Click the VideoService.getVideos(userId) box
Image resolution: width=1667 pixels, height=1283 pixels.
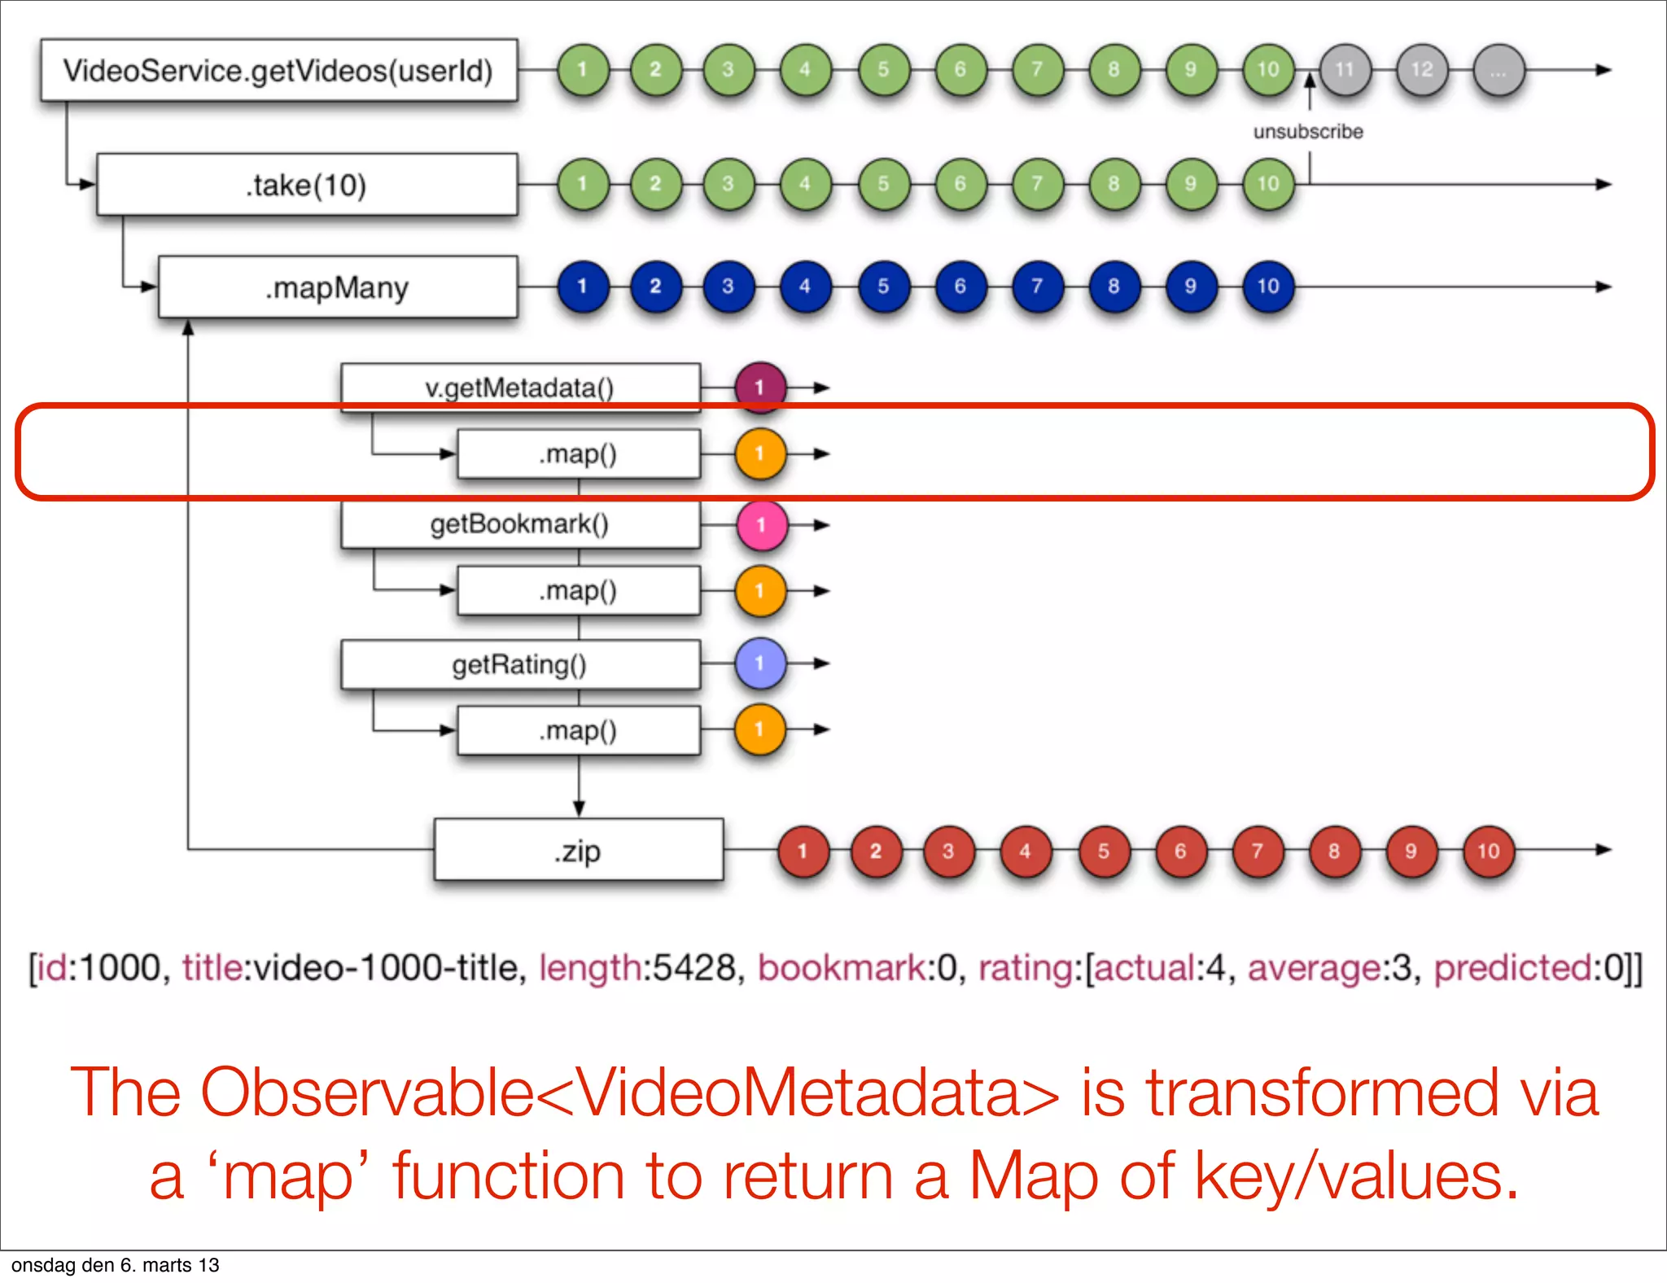point(278,71)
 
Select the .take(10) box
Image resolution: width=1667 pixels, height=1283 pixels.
point(307,185)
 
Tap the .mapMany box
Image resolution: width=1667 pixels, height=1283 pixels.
point(337,287)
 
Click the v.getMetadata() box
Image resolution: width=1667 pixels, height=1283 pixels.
point(519,388)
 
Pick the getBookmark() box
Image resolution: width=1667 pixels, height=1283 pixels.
point(519,524)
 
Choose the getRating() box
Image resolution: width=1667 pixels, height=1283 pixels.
point(519,664)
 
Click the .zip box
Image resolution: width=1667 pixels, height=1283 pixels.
point(578,851)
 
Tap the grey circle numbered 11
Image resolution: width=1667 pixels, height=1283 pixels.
point(1345,70)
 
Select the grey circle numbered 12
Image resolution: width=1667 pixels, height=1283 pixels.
point(1421,70)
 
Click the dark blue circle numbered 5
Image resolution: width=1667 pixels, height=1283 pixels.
point(883,287)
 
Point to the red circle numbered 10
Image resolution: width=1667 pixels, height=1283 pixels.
point(1488,852)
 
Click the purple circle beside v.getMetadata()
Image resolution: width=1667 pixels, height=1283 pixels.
point(760,388)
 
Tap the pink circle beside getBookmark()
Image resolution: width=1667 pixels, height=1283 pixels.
point(761,525)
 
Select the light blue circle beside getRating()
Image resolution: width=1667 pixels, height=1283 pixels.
point(760,663)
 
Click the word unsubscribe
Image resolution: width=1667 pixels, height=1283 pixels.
point(1308,132)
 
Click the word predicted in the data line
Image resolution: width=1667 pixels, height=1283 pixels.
point(1512,968)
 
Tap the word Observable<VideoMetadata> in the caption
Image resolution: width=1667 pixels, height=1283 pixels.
point(630,1093)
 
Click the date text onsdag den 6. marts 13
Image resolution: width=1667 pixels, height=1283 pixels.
point(116,1265)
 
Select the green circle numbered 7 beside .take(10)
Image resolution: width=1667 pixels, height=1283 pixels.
point(1036,184)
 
